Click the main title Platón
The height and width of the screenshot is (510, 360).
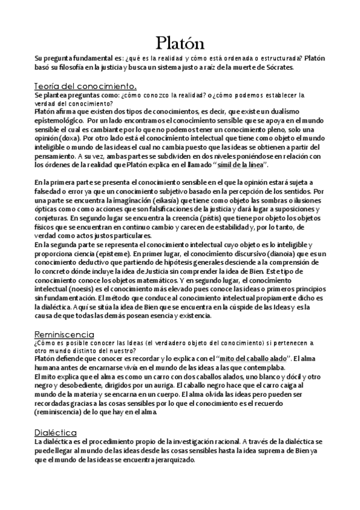click(x=180, y=43)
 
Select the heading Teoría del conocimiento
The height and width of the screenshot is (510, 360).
click(x=86, y=86)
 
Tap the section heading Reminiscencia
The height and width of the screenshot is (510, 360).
click(x=64, y=334)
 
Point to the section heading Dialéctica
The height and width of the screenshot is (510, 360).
click(x=55, y=432)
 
